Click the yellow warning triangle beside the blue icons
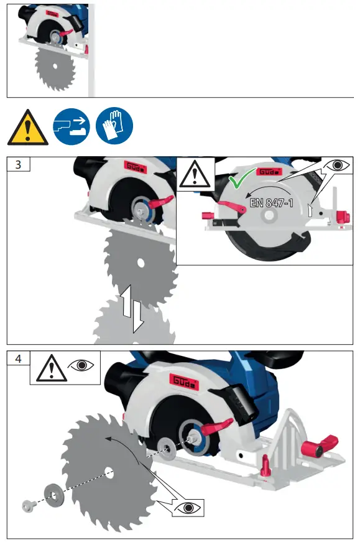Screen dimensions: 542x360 (x=27, y=127)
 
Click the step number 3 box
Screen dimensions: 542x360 (x=18, y=165)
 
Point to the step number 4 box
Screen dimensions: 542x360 (x=18, y=359)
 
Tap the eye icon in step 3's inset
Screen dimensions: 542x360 (x=338, y=166)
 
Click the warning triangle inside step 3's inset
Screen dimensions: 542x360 (x=196, y=174)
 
